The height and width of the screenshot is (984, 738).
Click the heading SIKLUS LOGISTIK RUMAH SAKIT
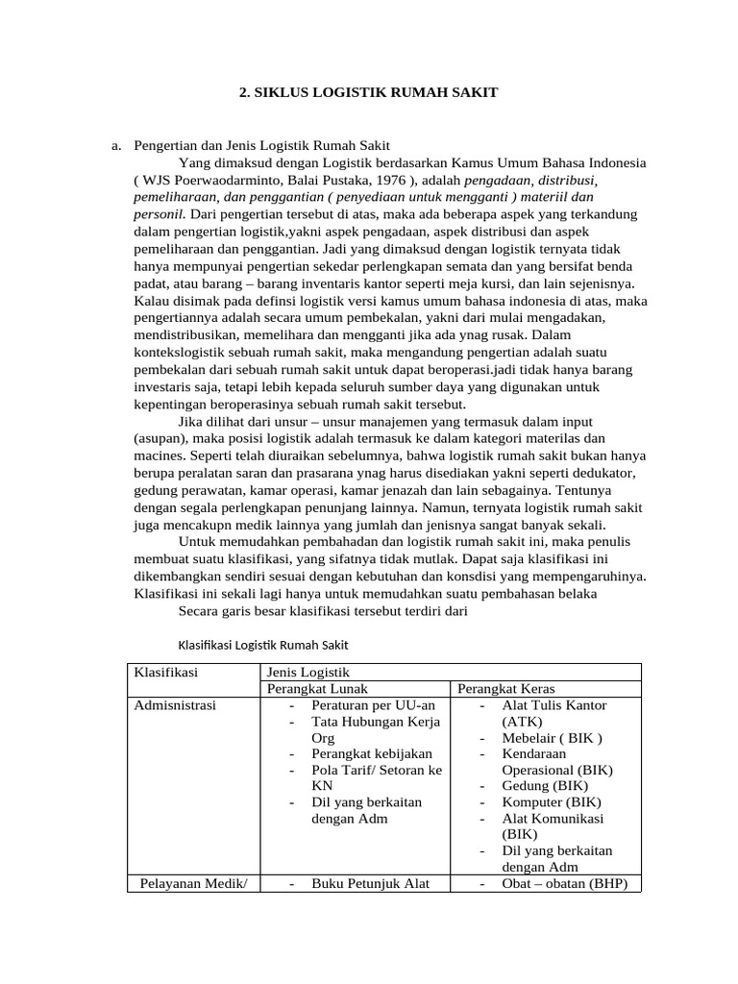point(368,92)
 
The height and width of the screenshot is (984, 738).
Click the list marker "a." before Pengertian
point(117,145)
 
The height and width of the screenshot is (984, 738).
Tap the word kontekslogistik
point(179,353)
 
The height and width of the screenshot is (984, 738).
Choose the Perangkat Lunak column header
point(317,689)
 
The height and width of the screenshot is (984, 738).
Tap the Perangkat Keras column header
point(505,689)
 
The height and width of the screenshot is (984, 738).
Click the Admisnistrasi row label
point(176,705)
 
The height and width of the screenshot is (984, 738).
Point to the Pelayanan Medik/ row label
point(193,884)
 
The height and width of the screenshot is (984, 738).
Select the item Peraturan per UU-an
point(366,705)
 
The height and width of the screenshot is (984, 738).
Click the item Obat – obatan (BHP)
point(564,884)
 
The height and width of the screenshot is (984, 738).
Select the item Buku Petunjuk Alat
point(370,884)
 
